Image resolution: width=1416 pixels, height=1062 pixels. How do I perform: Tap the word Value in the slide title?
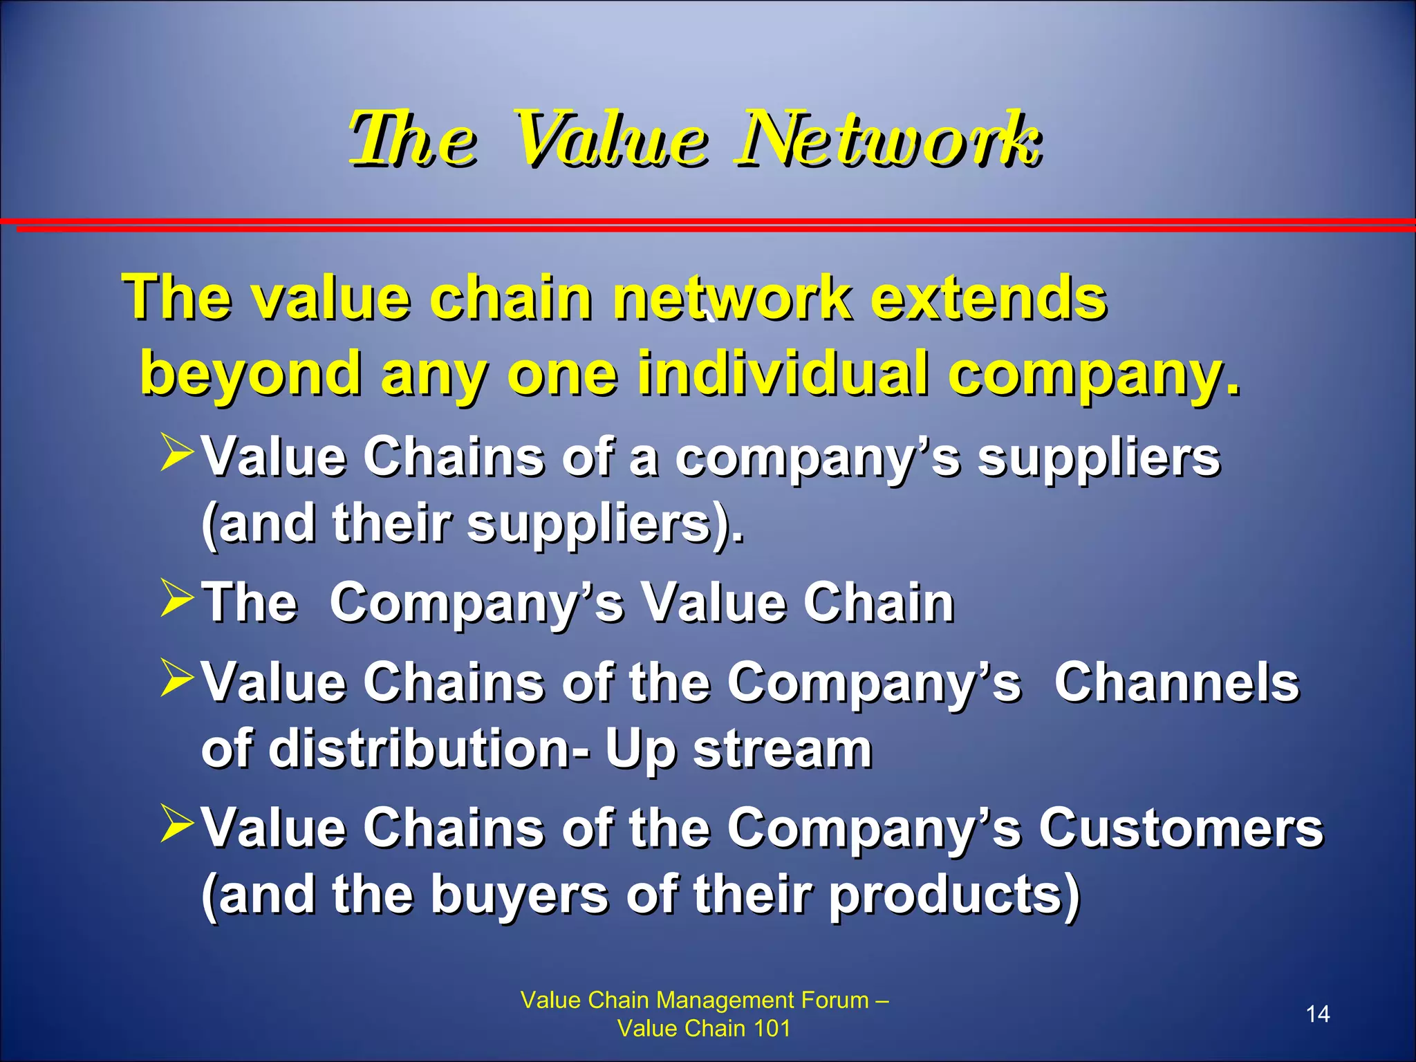point(612,140)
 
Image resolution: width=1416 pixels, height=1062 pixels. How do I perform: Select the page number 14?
point(1317,1014)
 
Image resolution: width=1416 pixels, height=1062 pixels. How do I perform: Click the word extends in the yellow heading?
point(988,298)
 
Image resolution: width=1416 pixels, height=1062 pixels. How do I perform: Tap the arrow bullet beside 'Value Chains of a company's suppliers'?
point(176,452)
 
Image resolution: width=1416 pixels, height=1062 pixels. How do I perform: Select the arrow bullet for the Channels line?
point(176,678)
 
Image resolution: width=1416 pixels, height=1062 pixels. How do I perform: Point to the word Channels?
point(1176,682)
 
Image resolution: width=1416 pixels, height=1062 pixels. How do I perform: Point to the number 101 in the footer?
point(772,1028)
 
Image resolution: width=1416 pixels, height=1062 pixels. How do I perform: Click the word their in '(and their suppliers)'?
point(391,523)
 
